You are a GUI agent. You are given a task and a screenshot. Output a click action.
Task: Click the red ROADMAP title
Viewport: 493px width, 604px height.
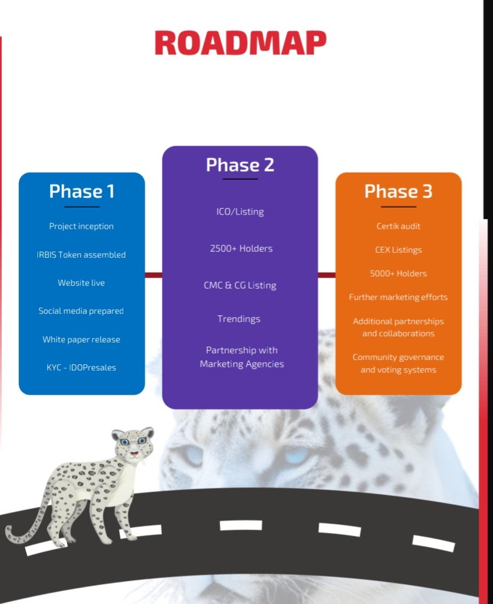240,43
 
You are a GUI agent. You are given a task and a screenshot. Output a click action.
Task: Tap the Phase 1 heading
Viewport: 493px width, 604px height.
82,191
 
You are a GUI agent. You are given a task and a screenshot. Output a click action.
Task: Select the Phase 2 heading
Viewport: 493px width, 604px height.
240,165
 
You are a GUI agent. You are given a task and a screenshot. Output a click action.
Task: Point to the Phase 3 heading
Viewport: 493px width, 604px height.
398,191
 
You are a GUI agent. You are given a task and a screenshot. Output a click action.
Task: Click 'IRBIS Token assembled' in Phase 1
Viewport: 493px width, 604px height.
81,254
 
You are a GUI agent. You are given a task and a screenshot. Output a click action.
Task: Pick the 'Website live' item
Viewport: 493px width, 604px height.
81,282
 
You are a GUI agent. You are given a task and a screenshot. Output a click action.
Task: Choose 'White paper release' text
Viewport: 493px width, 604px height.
81,339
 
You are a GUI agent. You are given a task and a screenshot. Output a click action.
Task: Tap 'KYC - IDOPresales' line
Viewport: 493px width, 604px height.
81,368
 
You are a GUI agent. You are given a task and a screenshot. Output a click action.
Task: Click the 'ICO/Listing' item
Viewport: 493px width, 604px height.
240,212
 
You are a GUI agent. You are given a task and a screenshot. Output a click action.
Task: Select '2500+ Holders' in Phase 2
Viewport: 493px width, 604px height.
241,248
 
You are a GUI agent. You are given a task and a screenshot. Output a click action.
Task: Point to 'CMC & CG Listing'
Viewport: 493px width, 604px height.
240,285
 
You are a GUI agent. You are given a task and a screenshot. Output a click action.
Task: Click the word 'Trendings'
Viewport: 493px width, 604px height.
239,319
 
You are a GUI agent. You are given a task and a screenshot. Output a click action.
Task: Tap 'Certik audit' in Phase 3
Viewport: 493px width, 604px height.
398,226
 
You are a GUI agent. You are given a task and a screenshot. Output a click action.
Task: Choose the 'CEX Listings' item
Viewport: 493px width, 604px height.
398,250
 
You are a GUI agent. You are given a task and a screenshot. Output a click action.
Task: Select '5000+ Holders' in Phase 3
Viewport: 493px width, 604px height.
398,274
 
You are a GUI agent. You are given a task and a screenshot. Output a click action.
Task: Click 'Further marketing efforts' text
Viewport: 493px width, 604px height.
398,297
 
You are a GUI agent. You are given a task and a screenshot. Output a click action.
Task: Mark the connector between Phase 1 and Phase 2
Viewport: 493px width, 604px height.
153,275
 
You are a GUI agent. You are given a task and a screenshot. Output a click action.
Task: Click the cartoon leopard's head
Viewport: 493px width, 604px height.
133,443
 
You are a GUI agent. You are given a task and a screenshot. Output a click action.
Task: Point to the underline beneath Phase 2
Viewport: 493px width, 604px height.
240,179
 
